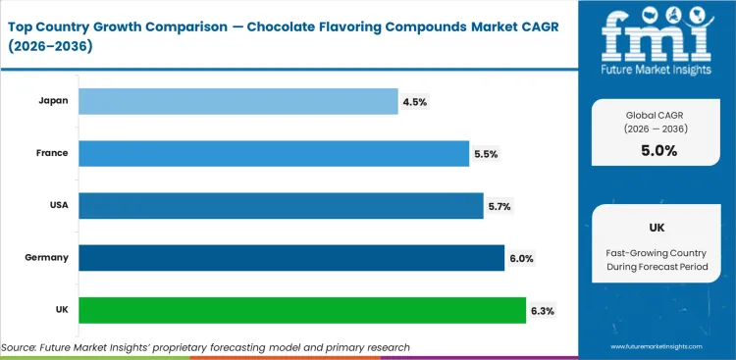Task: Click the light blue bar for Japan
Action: tap(237, 101)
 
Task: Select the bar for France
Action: tap(273, 153)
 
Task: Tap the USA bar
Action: tap(280, 205)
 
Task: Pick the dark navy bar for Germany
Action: tap(290, 257)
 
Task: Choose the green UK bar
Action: tap(301, 310)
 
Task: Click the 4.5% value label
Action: tap(414, 101)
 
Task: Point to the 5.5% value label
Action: tap(485, 153)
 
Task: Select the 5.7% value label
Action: tap(499, 205)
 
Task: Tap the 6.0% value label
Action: tap(520, 258)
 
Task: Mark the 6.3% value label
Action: tap(542, 310)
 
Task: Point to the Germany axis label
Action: tap(45, 258)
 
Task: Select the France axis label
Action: tap(50, 153)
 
